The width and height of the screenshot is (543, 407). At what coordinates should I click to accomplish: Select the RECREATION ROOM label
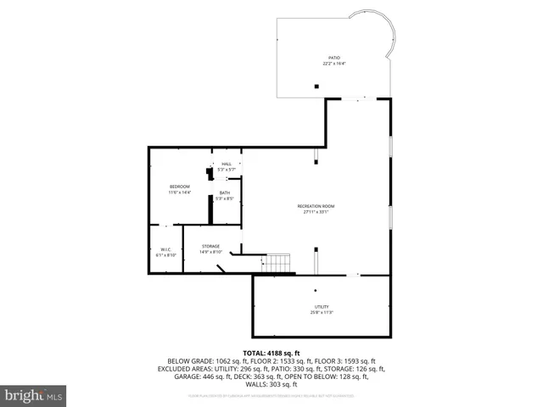316,206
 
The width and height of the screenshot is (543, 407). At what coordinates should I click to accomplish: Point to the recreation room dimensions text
316,212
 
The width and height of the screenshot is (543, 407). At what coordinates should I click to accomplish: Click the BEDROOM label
179,187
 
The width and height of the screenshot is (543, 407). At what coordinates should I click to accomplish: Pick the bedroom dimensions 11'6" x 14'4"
179,192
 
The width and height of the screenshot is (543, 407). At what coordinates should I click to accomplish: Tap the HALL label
227,164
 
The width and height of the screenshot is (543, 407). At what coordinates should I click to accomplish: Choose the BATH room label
225,192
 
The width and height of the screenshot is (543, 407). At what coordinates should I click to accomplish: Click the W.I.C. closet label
166,249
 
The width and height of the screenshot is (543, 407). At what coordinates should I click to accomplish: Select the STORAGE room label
210,246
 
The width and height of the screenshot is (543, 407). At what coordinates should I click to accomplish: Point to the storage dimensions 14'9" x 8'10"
210,252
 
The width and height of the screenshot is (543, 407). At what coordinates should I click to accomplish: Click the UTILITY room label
322,307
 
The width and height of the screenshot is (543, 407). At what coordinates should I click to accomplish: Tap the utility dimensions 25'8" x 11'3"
322,313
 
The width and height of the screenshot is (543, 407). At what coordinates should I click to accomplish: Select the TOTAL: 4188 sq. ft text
271,353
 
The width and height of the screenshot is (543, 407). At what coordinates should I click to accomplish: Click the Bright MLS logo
33,395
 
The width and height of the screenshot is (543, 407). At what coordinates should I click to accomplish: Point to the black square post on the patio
316,86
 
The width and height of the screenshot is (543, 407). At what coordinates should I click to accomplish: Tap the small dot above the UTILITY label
315,291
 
